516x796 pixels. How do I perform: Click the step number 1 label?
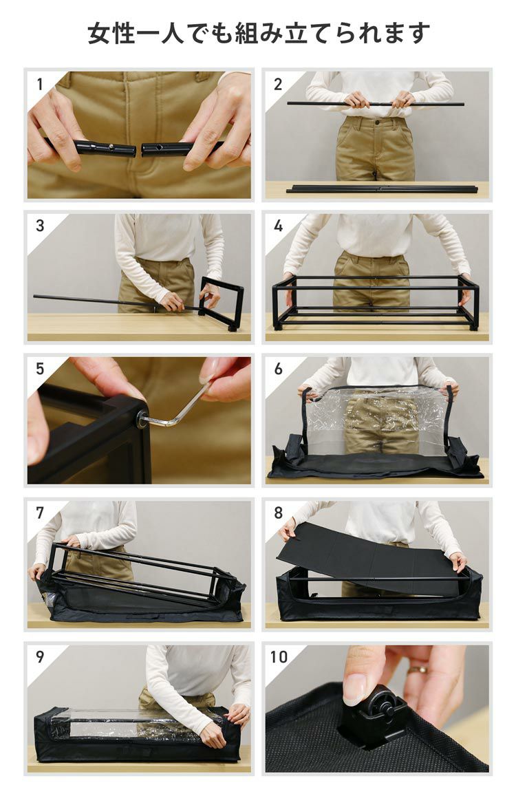click(x=40, y=84)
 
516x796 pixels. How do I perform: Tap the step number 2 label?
click(x=278, y=84)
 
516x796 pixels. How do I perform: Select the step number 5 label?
click(x=40, y=369)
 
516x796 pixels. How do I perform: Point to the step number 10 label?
click(x=279, y=656)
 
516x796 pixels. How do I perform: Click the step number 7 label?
click(x=40, y=513)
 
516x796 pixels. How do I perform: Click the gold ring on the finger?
click(x=417, y=669)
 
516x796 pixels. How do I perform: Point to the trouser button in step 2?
click(x=377, y=122)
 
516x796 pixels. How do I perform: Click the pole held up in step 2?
click(x=376, y=104)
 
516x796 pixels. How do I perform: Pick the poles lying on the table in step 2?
click(x=382, y=189)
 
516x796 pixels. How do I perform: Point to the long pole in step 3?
click(x=116, y=301)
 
